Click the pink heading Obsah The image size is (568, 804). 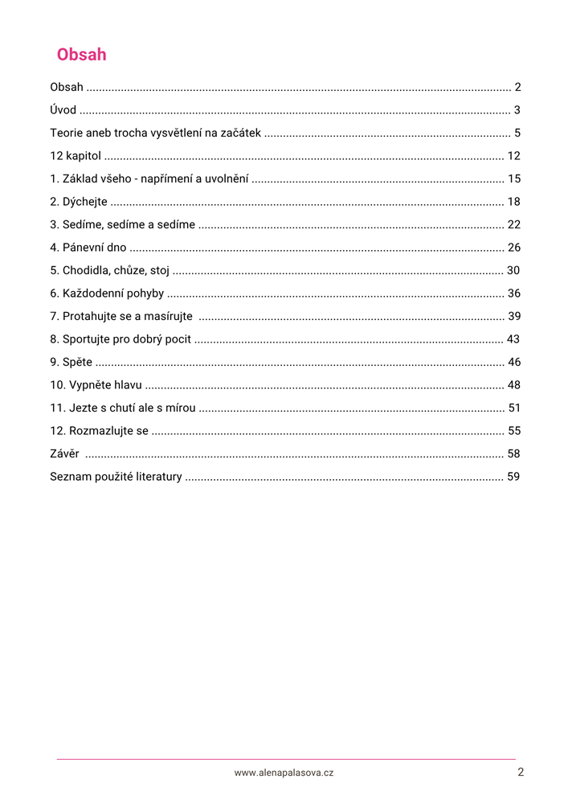81,55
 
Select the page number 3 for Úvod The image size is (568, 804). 517,110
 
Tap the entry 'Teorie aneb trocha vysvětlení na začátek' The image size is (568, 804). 155,133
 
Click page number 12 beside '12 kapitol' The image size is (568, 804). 514,156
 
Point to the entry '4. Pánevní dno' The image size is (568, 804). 88,248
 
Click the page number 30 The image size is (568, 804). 514,270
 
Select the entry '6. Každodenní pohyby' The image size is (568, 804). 106,293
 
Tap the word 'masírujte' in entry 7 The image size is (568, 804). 169,316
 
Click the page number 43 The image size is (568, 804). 514,339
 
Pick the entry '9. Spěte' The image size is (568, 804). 71,362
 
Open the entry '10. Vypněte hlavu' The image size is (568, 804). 96,385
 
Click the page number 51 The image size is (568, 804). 514,408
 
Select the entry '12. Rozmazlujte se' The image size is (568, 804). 99,431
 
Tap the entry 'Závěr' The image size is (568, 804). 64,453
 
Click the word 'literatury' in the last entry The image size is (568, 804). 158,477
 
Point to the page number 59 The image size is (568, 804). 514,477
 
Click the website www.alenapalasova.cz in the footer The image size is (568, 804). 284,773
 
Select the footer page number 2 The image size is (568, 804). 521,772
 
